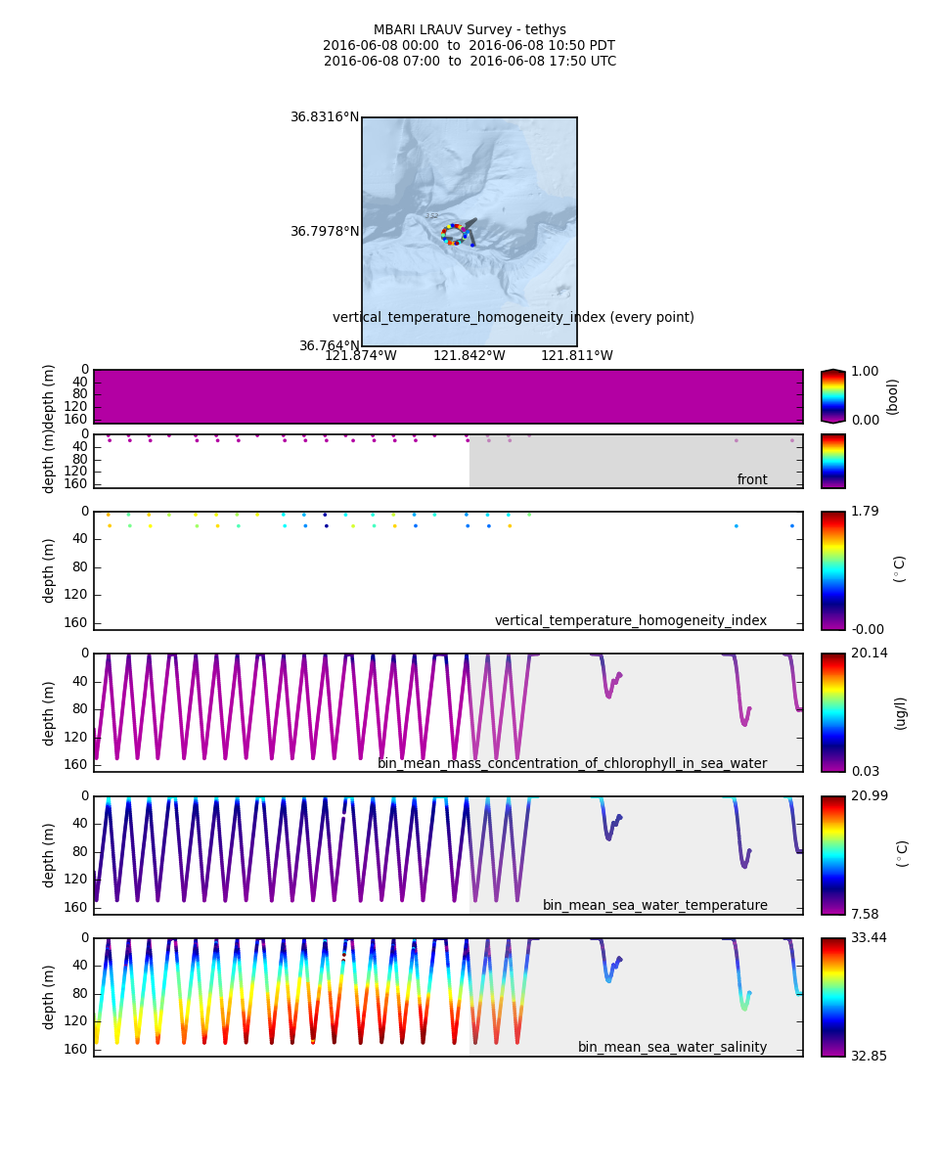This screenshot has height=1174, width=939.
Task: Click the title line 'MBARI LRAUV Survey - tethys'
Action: pyautogui.click(x=469, y=30)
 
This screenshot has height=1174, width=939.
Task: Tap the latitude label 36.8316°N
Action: pyautogui.click(x=325, y=117)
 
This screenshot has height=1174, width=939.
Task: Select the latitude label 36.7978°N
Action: pyautogui.click(x=325, y=232)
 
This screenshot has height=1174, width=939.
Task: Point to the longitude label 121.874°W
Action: pyautogui.click(x=361, y=356)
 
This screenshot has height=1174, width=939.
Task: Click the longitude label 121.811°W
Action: pyautogui.click(x=577, y=356)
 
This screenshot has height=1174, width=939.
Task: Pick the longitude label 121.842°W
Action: pyautogui.click(x=469, y=356)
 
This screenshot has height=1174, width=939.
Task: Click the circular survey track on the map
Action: pyautogui.click(x=454, y=235)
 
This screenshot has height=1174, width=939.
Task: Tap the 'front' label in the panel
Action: pyautogui.click(x=752, y=479)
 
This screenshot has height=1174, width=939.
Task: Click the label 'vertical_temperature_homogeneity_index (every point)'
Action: pyautogui.click(x=514, y=318)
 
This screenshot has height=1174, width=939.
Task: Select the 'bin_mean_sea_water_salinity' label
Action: pyautogui.click(x=672, y=1047)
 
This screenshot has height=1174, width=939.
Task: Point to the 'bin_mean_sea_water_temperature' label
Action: pyautogui.click(x=654, y=905)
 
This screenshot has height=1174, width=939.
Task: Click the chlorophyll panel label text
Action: pyautogui.click(x=572, y=763)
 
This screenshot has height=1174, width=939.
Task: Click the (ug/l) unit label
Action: pyautogui.click(x=901, y=712)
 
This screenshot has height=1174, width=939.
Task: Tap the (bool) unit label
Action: pyautogui.click(x=891, y=396)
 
